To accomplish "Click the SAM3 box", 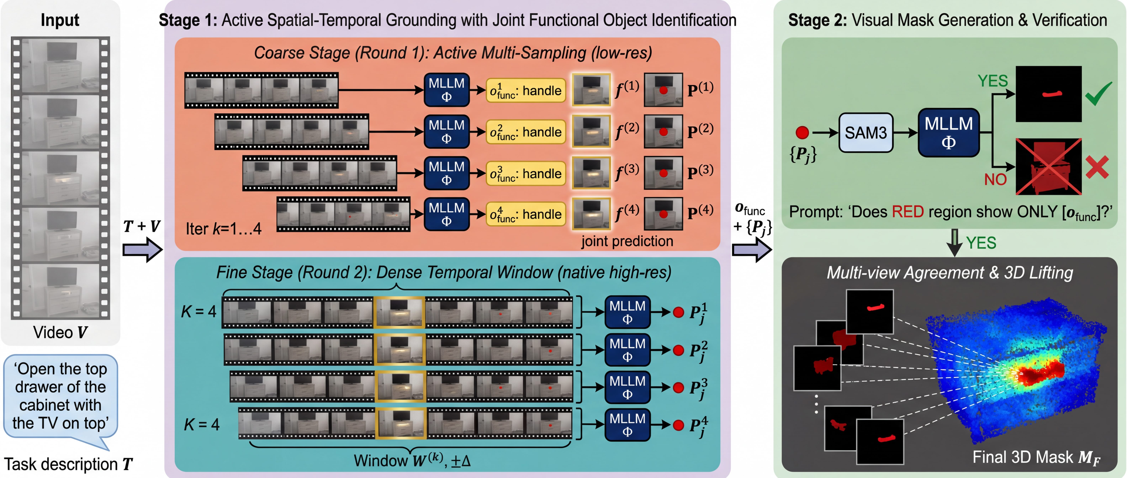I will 865,132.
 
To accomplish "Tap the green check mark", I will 1098,93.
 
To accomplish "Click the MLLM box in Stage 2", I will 948,132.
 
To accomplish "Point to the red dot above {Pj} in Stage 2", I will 802,132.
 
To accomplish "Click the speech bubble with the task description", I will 60,396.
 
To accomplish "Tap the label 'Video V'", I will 60,332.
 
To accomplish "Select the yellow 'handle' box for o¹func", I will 525,91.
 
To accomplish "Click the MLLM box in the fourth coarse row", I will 446,214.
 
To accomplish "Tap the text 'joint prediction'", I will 627,241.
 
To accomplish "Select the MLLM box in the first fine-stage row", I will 627,312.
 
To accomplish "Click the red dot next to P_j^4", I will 678,425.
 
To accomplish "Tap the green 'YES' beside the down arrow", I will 981,243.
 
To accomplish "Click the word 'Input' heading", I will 60,20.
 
